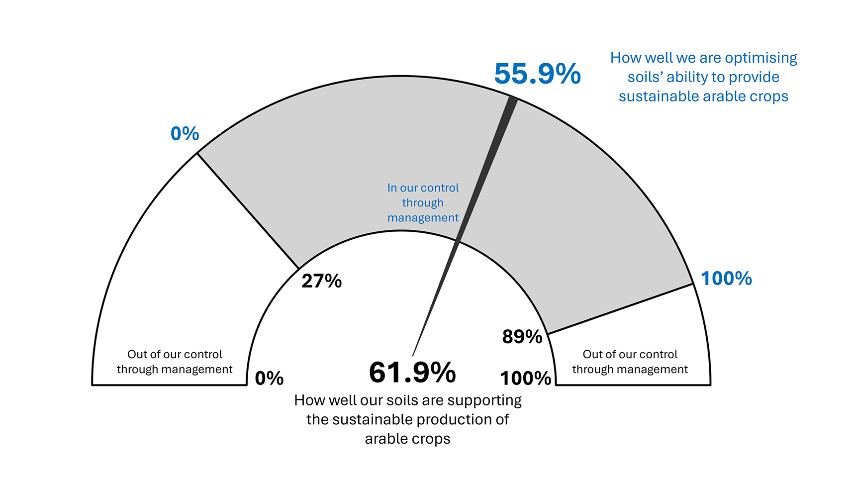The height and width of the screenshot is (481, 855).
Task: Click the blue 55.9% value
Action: (537, 74)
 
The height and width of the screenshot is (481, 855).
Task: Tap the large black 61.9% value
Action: (412, 373)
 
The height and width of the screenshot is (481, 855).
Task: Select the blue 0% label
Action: (185, 133)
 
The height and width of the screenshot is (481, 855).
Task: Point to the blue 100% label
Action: (726, 279)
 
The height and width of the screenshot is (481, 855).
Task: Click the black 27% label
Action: (322, 281)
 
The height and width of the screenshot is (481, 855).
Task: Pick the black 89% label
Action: (522, 337)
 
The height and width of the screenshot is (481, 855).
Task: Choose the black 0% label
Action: (269, 379)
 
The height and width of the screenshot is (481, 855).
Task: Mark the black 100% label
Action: (526, 379)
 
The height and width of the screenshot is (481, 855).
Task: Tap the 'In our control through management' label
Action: (423, 203)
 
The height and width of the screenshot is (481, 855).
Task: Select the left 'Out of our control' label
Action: (175, 362)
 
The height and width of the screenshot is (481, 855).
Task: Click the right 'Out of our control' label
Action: (630, 362)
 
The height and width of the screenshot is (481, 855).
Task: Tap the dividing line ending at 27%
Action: (248, 211)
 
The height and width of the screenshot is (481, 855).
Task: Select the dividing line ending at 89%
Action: (620, 309)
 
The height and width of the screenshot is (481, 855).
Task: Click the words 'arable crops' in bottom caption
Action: (407, 439)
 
